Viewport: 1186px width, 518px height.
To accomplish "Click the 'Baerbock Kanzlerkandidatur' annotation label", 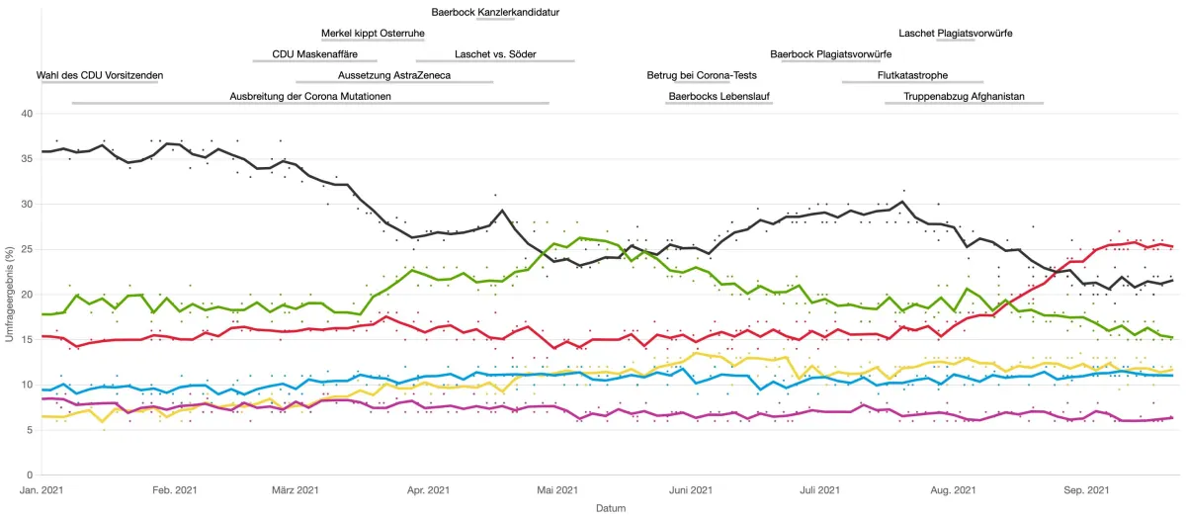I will pos(495,12).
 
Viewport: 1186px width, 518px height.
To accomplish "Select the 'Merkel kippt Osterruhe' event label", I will pos(373,34).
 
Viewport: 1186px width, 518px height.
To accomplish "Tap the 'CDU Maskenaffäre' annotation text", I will pos(314,54).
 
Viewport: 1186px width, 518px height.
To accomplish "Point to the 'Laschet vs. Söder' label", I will pos(495,54).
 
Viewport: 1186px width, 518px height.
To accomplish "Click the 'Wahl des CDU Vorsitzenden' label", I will pos(100,75).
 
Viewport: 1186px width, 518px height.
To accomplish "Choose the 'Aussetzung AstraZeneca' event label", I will pos(393,75).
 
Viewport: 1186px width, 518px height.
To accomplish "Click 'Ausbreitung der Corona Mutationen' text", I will pos(310,96).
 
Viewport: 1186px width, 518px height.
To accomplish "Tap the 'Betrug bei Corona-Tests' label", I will pos(702,75).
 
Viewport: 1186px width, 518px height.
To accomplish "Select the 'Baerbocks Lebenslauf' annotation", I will pos(720,96).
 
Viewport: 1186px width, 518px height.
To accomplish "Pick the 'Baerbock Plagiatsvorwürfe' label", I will pos(831,54).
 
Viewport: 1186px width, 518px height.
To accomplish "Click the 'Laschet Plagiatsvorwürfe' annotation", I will pos(955,34).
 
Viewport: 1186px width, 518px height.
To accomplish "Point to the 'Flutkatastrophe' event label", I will pos(912,75).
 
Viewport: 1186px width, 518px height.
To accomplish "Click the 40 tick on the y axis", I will pos(27,115).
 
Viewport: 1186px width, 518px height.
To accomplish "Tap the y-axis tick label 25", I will pos(27,249).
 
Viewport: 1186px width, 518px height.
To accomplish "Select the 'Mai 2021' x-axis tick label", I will pos(556,489).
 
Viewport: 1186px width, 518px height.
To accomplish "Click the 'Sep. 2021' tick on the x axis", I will pos(1084,489).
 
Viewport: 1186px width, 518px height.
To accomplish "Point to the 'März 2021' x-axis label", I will pos(295,489).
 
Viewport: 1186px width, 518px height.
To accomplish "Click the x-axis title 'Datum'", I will pos(610,508).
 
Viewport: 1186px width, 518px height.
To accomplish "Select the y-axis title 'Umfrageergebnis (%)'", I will pos(9,295).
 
